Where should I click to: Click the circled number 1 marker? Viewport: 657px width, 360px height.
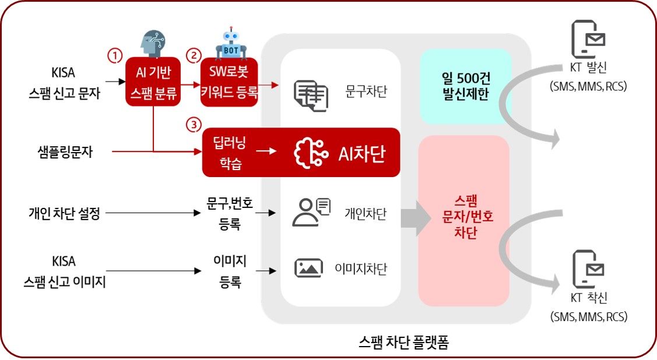(x=115, y=55)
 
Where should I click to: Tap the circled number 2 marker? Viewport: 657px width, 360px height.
(x=193, y=55)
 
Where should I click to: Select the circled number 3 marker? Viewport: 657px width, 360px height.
(x=193, y=123)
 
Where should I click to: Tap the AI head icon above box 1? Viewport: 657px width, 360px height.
(x=153, y=44)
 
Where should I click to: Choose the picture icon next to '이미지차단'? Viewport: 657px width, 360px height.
(x=309, y=267)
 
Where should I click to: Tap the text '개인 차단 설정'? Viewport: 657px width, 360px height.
(x=64, y=213)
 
